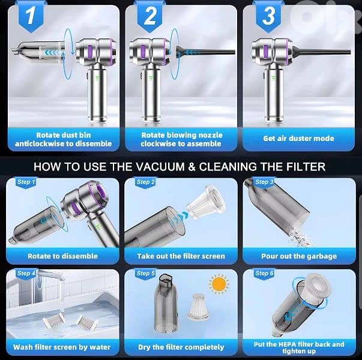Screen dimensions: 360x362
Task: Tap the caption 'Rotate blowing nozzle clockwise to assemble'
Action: [x=181, y=139]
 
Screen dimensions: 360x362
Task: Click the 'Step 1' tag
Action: [x=26, y=182]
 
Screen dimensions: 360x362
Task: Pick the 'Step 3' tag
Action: [x=264, y=182]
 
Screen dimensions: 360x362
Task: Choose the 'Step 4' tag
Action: [x=26, y=273]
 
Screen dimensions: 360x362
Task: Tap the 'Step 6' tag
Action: [x=264, y=273]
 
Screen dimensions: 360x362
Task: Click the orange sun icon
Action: [x=219, y=283]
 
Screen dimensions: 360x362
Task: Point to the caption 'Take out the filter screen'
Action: [x=180, y=256]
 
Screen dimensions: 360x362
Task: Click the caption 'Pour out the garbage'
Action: [x=299, y=256]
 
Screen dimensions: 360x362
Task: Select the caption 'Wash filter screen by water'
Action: [x=62, y=347]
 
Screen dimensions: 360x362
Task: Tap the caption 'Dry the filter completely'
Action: [x=180, y=347]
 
